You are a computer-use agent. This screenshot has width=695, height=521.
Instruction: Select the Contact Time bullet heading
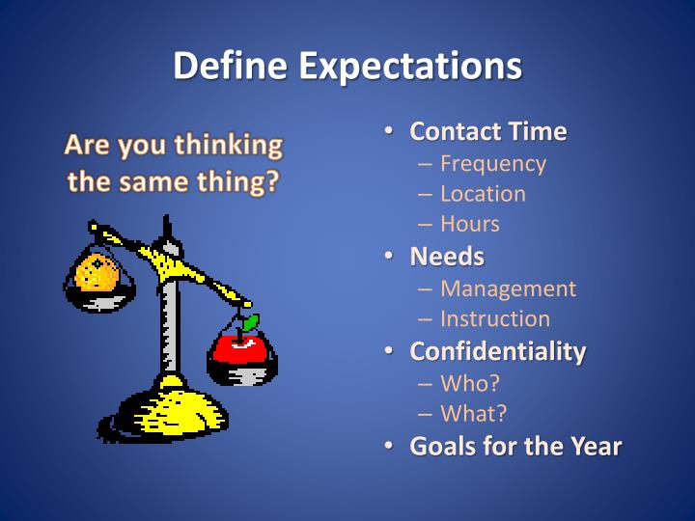pyautogui.click(x=488, y=131)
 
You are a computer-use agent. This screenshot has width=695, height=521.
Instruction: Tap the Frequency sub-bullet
pyautogui.click(x=492, y=163)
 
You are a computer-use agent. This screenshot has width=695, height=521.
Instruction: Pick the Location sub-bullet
pyautogui.click(x=483, y=193)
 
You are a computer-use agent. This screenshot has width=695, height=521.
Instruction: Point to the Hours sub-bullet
pyautogui.click(x=470, y=224)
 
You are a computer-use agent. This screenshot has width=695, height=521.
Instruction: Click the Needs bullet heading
pyautogui.click(x=447, y=257)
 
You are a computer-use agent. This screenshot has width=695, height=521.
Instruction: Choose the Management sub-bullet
pyautogui.click(x=508, y=288)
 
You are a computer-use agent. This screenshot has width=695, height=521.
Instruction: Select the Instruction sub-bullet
pyautogui.click(x=495, y=318)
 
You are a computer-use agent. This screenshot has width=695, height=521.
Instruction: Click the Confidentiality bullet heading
pyautogui.click(x=497, y=350)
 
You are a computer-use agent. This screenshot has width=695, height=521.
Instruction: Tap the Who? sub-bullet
pyautogui.click(x=470, y=383)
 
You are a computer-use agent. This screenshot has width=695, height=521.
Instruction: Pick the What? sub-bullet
pyautogui.click(x=474, y=414)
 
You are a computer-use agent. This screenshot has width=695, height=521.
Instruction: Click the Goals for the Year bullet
pyautogui.click(x=515, y=447)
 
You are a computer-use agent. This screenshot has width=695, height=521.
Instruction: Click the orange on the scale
pyautogui.click(x=98, y=274)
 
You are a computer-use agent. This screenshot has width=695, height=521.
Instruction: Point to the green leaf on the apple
pyautogui.click(x=249, y=322)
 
